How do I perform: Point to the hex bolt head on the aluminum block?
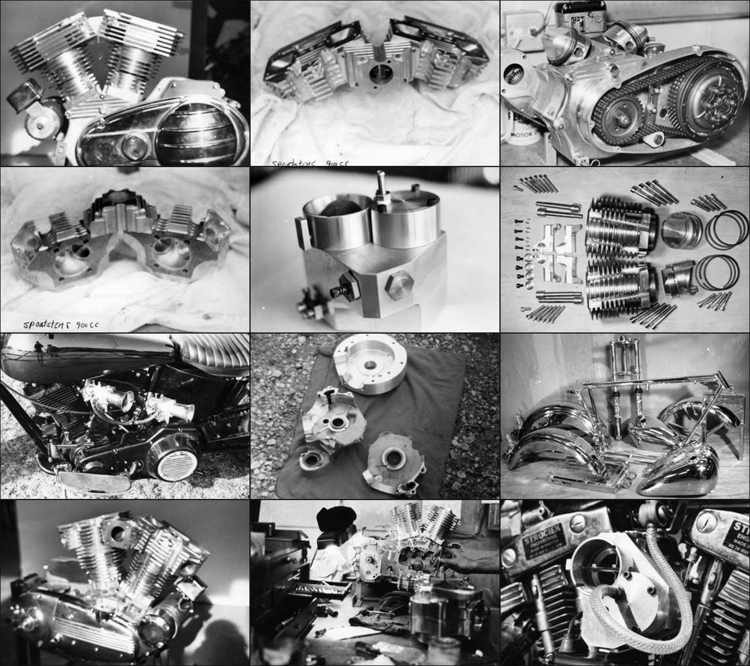pos(400,284)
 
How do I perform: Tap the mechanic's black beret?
pos(336,518)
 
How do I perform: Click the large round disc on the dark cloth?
pos(369,367)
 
